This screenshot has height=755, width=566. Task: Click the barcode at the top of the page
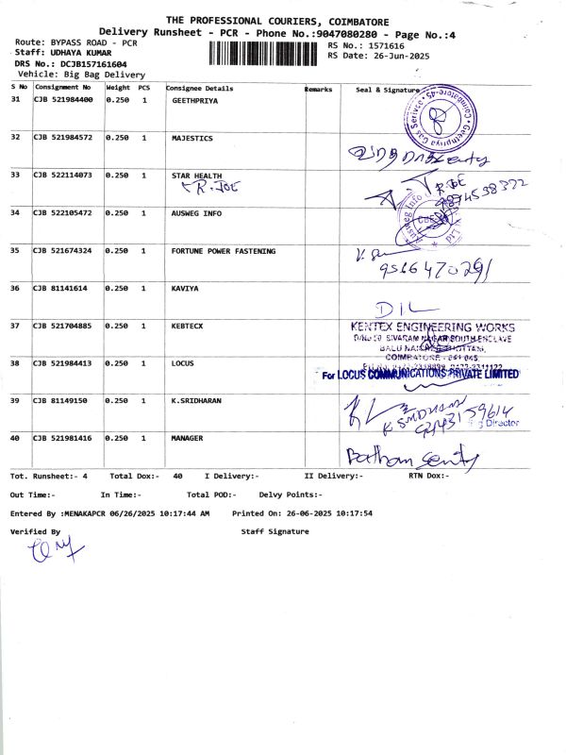tap(261, 53)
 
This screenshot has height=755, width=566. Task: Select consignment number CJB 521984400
tap(63, 100)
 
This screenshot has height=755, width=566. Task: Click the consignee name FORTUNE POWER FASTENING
tap(224, 251)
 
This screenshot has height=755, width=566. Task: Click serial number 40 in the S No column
tap(15, 439)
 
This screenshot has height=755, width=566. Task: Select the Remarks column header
tap(319, 89)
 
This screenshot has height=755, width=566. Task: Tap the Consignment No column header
tap(63, 88)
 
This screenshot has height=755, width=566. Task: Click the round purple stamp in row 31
tap(438, 115)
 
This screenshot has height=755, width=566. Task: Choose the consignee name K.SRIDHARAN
tap(196, 401)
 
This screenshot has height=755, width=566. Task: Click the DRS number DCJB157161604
tap(88, 64)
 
